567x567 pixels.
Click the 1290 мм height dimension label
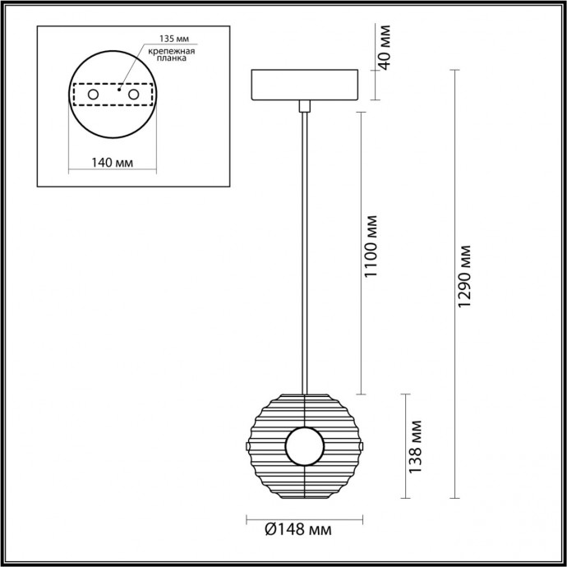pyautogui.click(x=466, y=276)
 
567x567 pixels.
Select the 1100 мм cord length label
pyautogui.click(x=371, y=246)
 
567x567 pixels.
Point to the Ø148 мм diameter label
pyautogui.click(x=298, y=531)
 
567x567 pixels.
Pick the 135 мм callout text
pyautogui.click(x=163, y=39)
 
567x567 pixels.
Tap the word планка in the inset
pyautogui.click(x=170, y=59)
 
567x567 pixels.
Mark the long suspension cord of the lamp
pyautogui.click(x=305, y=247)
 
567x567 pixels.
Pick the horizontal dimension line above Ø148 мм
pyautogui.click(x=305, y=519)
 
